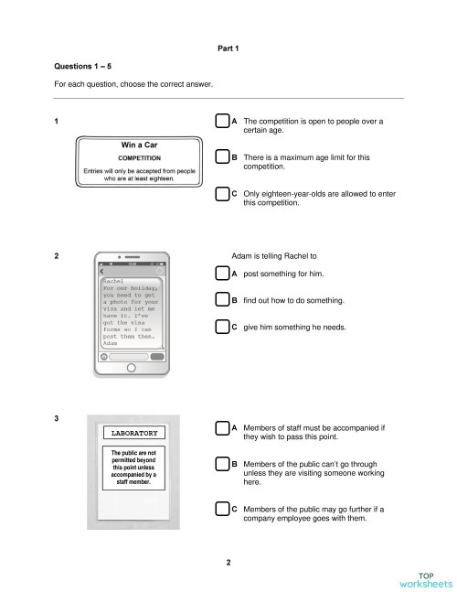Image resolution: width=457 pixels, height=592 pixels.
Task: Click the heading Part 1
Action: (228, 48)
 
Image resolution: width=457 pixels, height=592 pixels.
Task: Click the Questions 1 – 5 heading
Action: (80, 67)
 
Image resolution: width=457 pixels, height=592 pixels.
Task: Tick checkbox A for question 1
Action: (222, 122)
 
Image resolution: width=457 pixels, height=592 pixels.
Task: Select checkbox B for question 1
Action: (222, 158)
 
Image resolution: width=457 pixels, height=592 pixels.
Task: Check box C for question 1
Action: (222, 194)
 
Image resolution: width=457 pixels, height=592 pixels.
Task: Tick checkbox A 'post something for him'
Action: (222, 274)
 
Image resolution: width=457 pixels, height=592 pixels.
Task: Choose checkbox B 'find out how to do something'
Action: (222, 300)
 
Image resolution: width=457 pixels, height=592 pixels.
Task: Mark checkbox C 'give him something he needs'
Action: (222, 326)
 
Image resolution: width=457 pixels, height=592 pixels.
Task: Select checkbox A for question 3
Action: (222, 427)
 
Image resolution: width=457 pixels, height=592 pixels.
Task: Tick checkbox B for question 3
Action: (222, 466)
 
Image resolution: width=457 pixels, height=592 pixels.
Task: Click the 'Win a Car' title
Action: (139, 145)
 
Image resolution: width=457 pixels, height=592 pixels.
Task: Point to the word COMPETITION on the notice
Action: (139, 158)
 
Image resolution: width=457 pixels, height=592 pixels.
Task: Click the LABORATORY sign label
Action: (134, 432)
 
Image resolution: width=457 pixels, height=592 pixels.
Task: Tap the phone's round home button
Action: (131, 368)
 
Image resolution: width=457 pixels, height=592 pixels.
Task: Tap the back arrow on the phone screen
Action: (102, 272)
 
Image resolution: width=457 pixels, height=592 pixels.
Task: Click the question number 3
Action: (57, 419)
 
